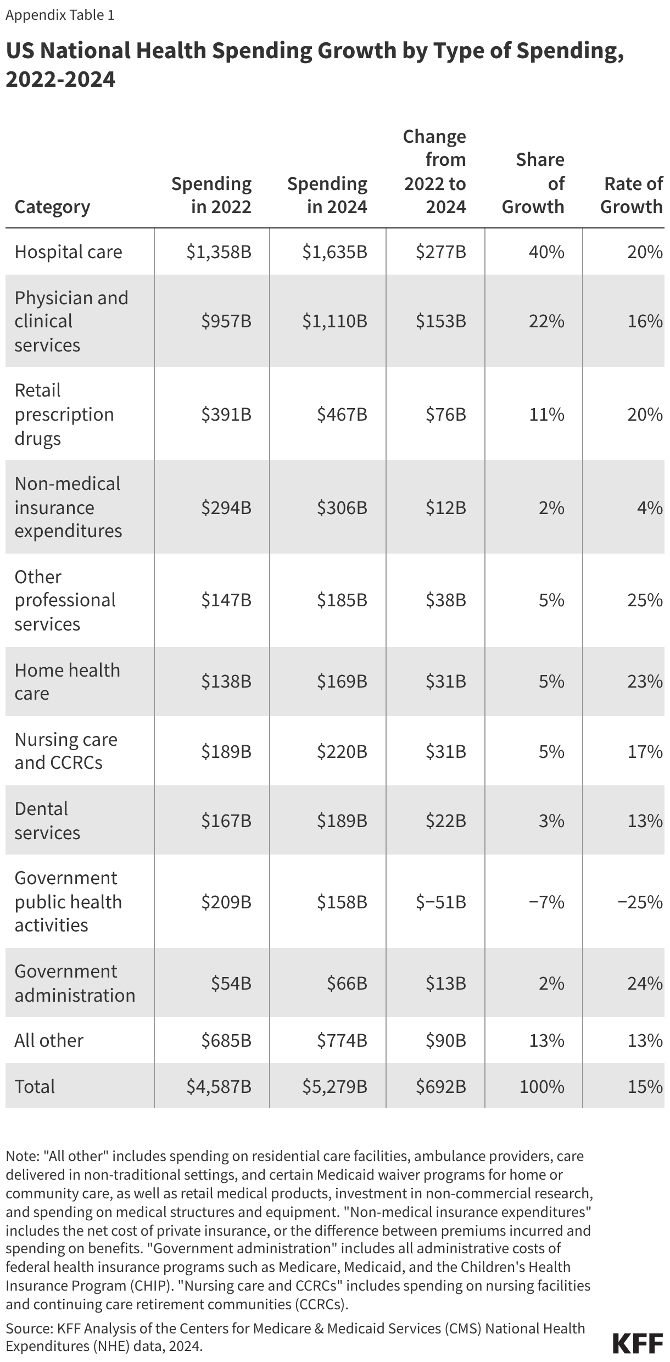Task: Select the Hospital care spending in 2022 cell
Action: point(219,252)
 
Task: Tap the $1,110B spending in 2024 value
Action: point(334,321)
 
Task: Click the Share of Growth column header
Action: point(533,183)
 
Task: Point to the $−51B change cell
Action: point(441,902)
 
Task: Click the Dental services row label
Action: point(47,820)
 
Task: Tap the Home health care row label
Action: point(67,682)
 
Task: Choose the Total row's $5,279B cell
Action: point(334,1086)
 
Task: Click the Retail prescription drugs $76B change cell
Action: point(445,414)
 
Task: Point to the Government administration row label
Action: point(75,983)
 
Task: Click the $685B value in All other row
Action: point(226,1040)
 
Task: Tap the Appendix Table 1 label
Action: point(60,15)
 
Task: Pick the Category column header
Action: point(52,207)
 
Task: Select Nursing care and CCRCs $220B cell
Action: point(342,751)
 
